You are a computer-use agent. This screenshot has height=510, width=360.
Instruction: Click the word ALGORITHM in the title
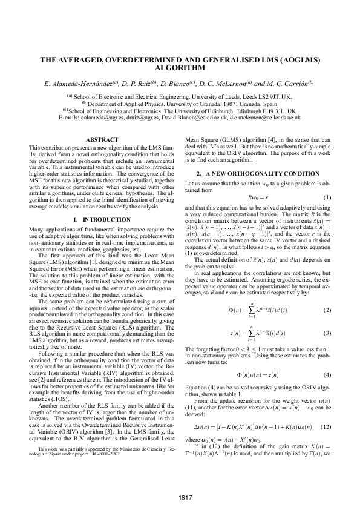coord(180,70)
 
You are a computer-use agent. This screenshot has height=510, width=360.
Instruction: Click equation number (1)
coord(327,199)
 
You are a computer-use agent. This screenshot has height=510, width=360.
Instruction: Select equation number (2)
coord(327,310)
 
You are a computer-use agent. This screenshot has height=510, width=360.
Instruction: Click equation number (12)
coord(326,427)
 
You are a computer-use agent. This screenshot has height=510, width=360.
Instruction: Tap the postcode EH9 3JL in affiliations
coord(281,111)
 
